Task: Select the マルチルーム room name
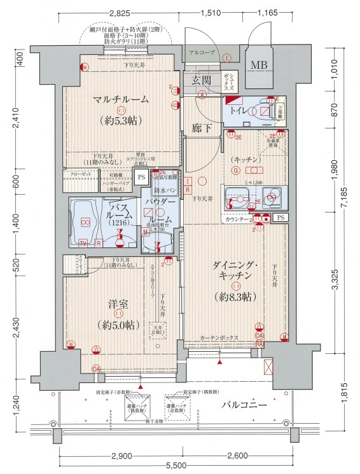(120, 99)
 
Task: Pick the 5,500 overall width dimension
(180, 466)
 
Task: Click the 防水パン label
(165, 190)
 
